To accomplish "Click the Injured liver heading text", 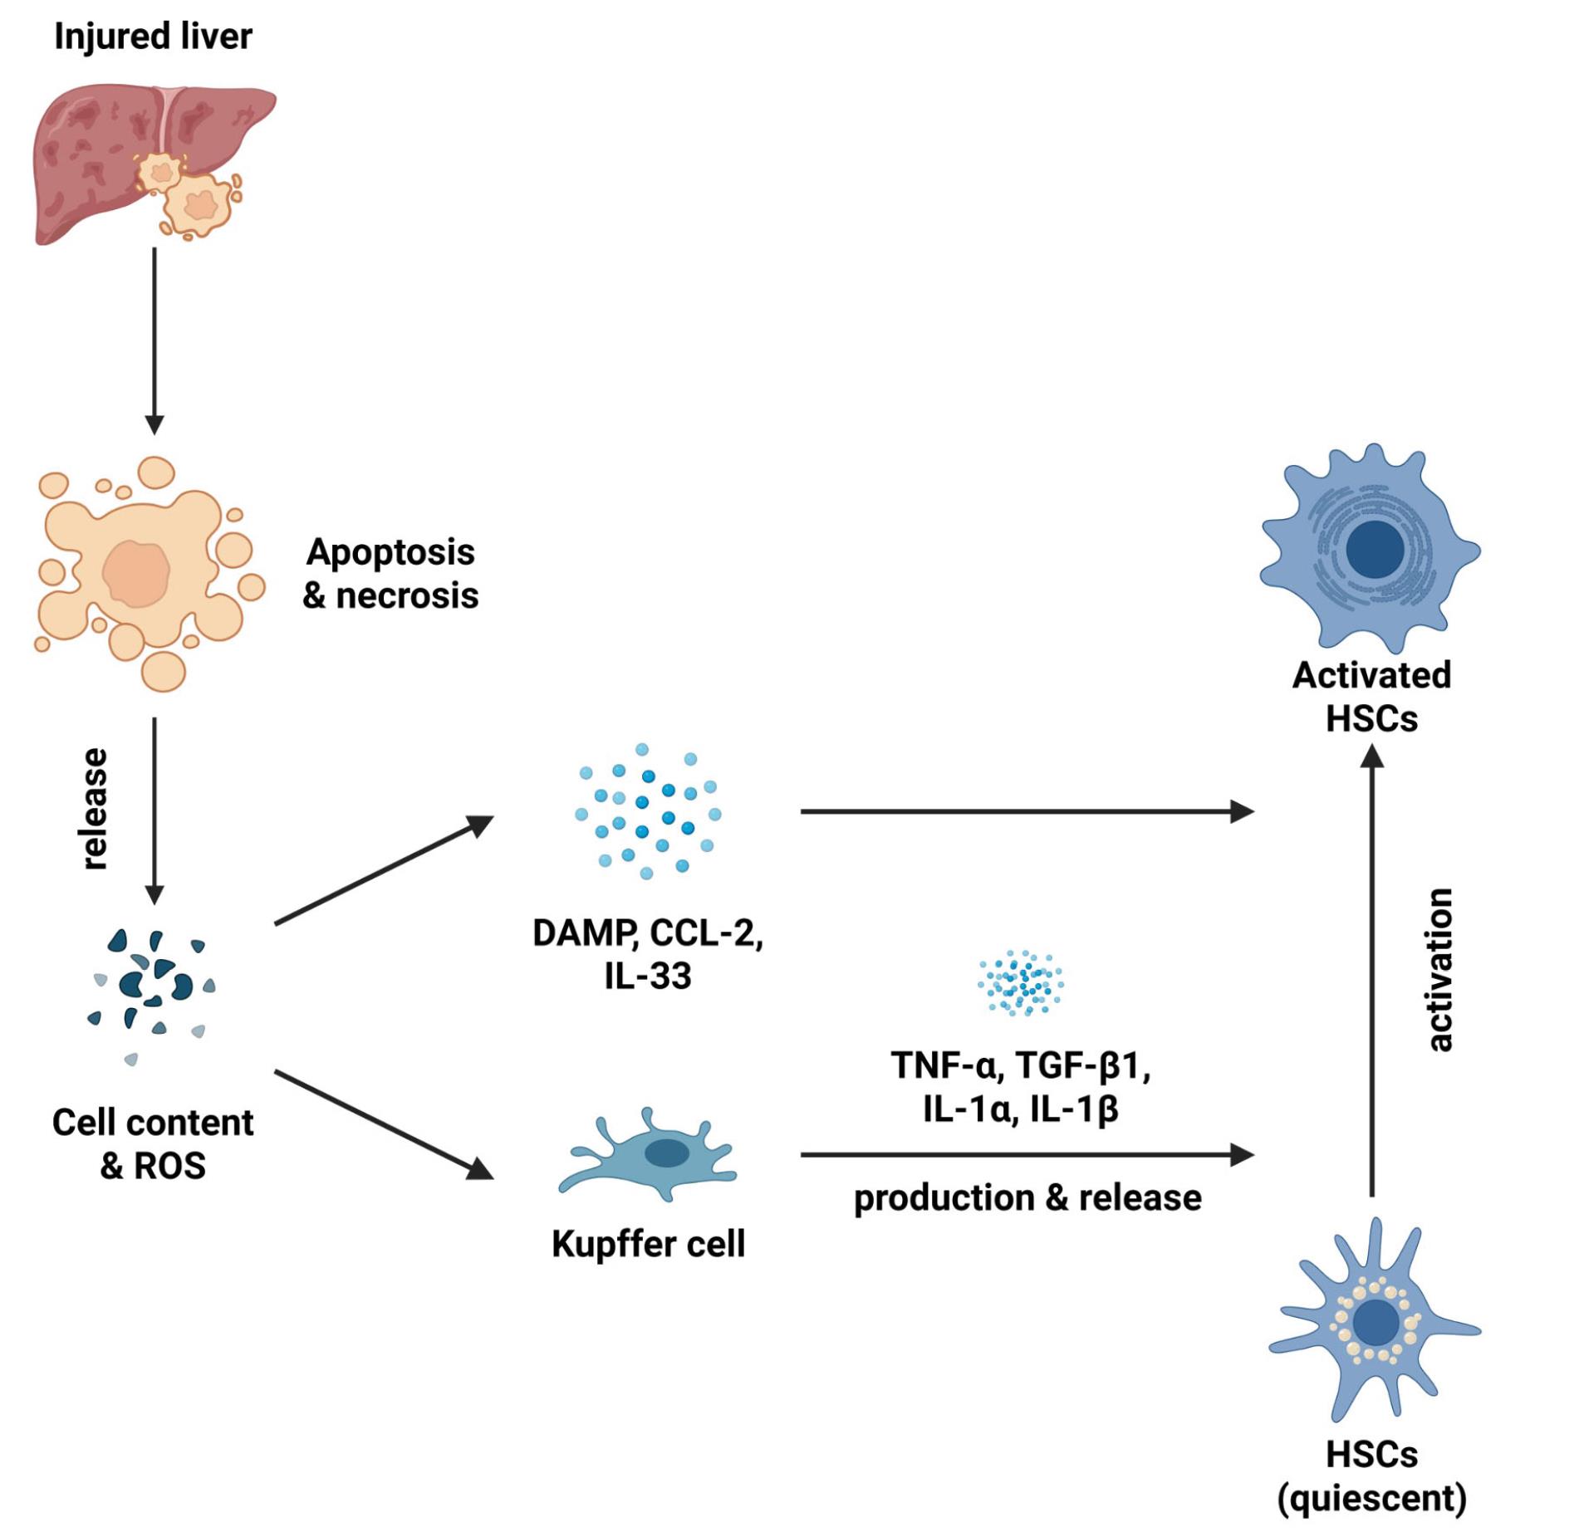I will click(x=153, y=37).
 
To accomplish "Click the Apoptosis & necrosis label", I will click(x=390, y=574).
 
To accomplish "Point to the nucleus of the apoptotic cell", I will click(x=136, y=573).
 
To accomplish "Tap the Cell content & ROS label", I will click(x=153, y=1143).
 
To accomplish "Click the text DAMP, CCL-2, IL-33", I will click(x=648, y=954).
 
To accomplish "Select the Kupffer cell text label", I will click(x=648, y=1243).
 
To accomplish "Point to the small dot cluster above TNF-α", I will click(x=1021, y=983).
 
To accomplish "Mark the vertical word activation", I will click(x=1439, y=970).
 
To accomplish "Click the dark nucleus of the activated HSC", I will click(x=1375, y=550).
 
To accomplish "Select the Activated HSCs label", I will click(x=1371, y=697).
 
